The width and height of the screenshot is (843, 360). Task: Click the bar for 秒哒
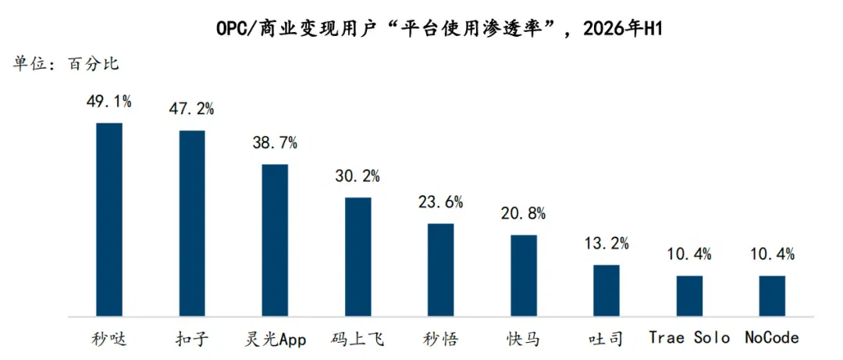109,219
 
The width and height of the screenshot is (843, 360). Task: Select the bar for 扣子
192,223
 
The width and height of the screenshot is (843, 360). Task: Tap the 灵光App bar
275,240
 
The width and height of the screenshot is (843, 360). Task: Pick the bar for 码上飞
358,257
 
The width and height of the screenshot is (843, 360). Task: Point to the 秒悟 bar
441,269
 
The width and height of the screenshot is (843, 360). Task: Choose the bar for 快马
524,276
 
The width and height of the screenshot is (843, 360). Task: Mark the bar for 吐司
606,290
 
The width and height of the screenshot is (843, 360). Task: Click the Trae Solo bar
690,296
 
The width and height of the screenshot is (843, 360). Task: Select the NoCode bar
773,296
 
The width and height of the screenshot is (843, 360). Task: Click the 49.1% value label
109,102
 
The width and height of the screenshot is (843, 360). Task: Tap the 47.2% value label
192,109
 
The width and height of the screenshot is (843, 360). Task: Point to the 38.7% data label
275,143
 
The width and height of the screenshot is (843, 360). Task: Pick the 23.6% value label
441,202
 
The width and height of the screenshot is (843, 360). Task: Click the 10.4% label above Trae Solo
690,255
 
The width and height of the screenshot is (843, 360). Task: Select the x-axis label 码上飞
358,339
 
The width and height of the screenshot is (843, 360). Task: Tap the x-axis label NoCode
773,338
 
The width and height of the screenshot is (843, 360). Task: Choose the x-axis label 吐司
606,339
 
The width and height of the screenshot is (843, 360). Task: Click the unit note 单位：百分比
66,64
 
